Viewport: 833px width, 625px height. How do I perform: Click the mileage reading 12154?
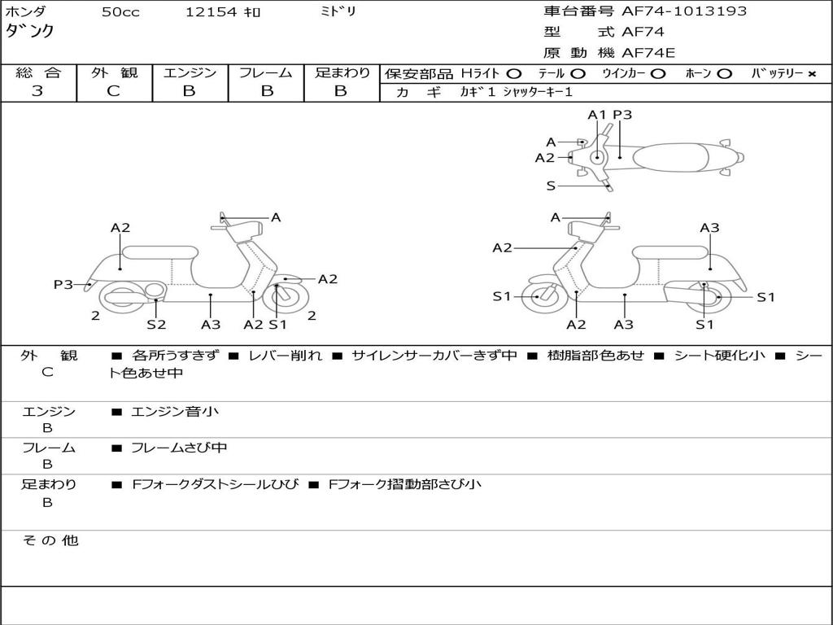pos(211,12)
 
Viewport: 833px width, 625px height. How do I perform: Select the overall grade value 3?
pos(37,91)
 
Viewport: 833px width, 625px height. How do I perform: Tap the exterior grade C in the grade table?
pos(114,91)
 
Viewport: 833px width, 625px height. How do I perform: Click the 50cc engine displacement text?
pos(120,12)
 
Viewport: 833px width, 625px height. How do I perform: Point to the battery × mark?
pos(811,74)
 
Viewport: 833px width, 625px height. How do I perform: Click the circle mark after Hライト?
pos(513,74)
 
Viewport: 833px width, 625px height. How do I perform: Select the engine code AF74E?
pos(648,54)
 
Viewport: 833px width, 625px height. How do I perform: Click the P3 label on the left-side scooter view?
pos(63,284)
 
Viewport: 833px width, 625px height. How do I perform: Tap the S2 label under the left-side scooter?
pos(156,324)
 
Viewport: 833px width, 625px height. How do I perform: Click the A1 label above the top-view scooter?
pos(597,115)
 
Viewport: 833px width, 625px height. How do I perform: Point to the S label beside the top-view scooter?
pos(551,186)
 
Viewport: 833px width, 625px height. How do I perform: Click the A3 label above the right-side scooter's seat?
pos(709,228)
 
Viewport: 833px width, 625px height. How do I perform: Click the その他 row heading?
pos(50,540)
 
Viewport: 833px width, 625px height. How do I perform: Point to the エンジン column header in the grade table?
pos(190,72)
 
